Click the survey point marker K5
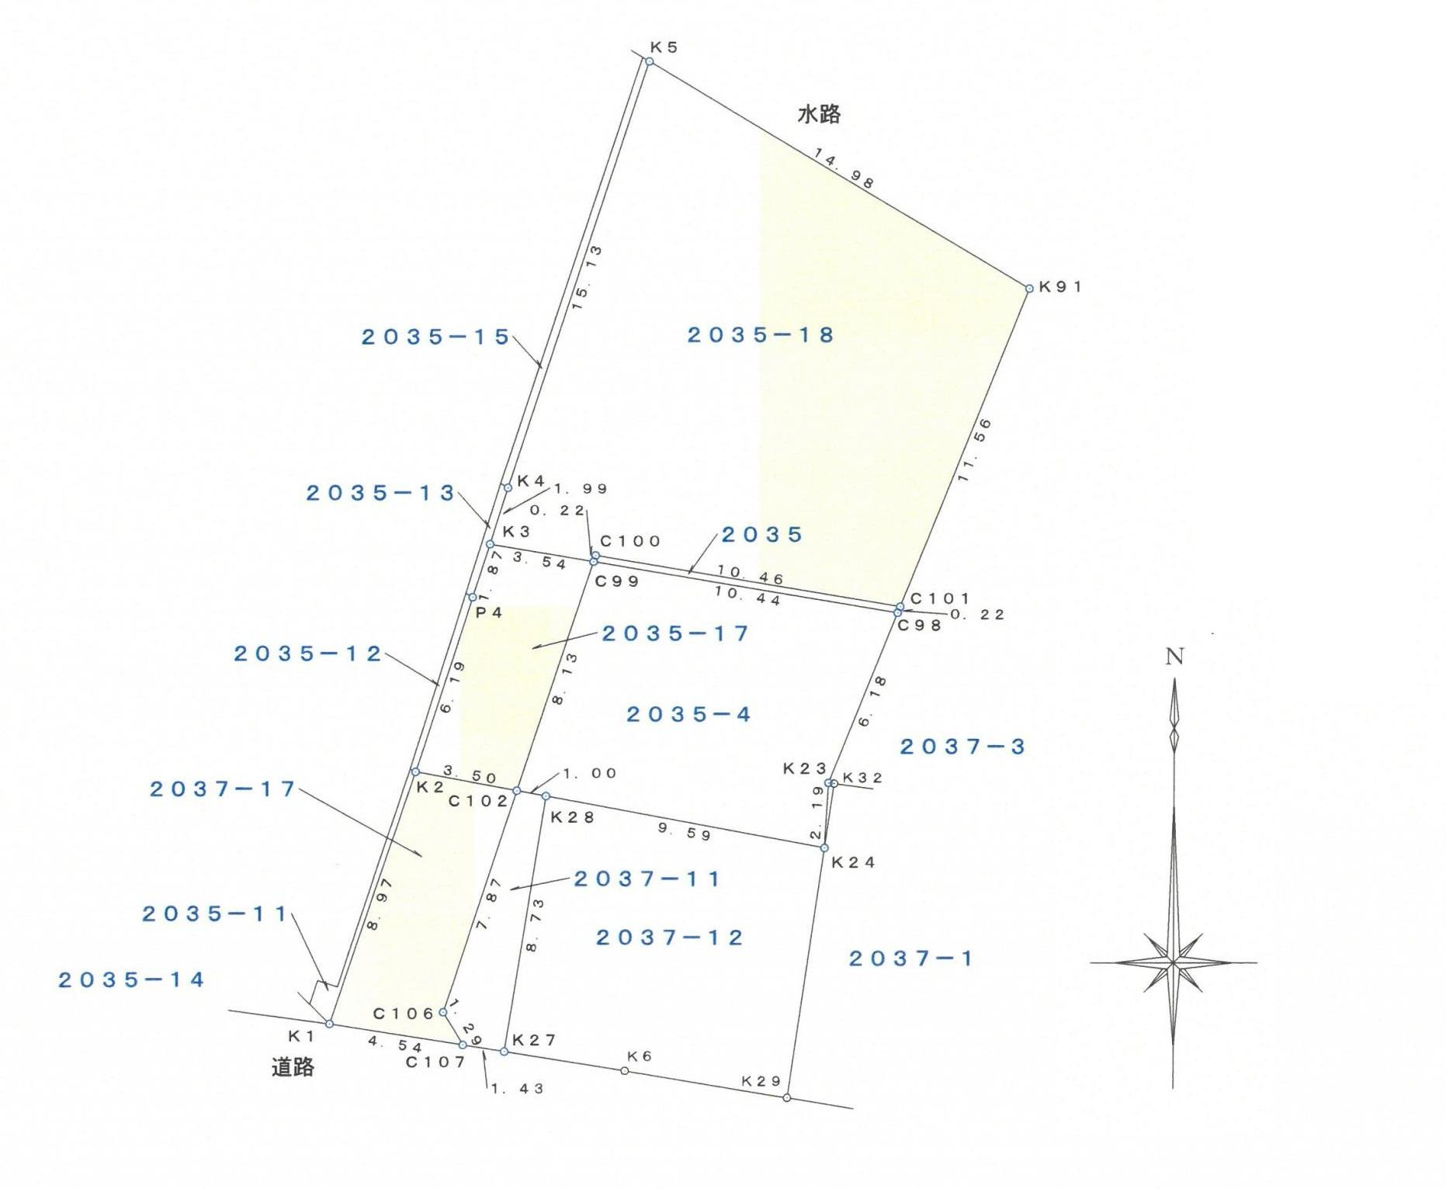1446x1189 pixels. tap(650, 61)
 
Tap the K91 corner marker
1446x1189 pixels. tap(1029, 289)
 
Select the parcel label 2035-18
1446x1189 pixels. tap(761, 335)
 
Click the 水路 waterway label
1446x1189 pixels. tap(819, 115)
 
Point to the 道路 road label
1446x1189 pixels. tap(293, 1067)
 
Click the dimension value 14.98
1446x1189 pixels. tap(844, 168)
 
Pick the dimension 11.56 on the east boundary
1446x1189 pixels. tap(974, 450)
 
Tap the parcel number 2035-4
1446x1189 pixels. tap(688, 714)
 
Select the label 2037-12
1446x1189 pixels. tap(670, 938)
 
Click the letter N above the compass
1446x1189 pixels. tap(1174, 657)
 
